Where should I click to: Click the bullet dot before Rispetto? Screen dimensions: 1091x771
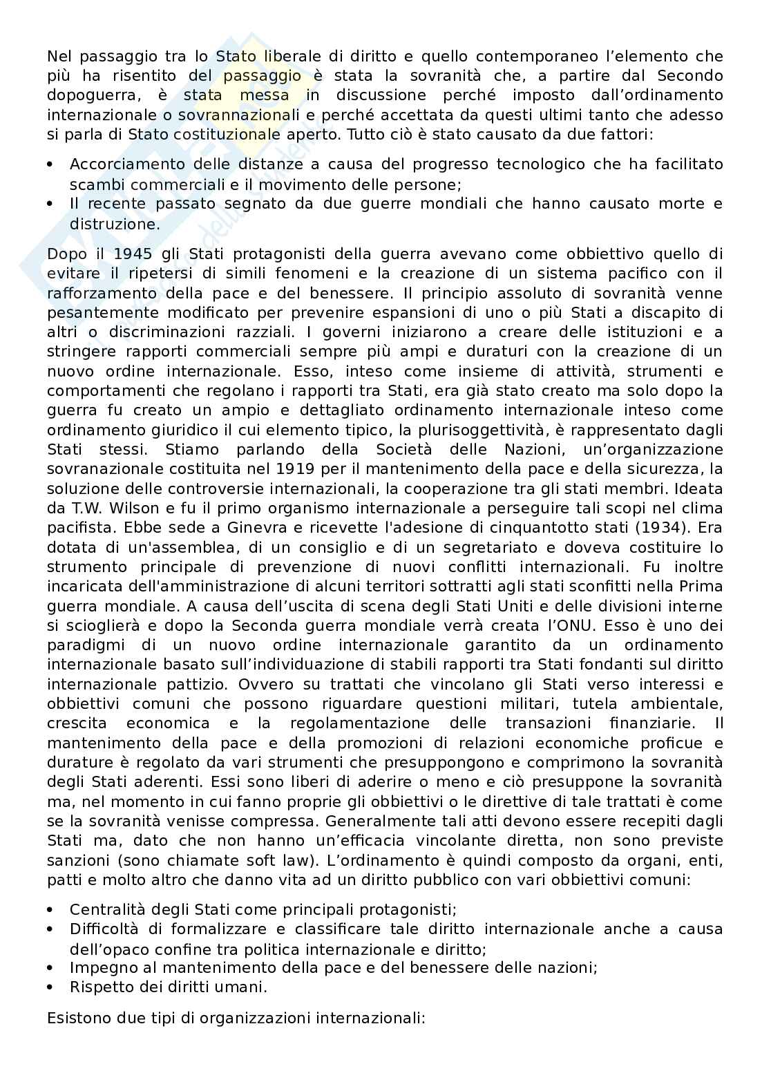click(x=50, y=987)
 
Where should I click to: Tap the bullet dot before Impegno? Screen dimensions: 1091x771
click(x=50, y=968)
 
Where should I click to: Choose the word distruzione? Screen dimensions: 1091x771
click(x=115, y=224)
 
